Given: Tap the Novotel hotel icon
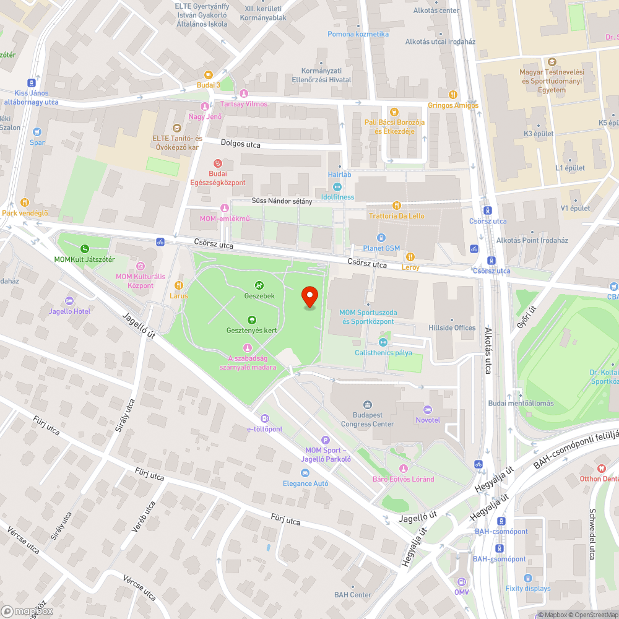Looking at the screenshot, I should point(427,410).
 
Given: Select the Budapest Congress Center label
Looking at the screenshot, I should point(367,420).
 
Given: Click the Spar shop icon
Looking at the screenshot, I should point(37,132).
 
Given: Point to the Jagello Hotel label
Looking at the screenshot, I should point(69,311).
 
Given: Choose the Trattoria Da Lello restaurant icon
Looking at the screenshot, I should point(397,206).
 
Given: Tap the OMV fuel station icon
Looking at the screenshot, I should point(461,582).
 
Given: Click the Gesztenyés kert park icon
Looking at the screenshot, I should point(252,319).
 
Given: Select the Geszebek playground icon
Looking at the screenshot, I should point(259,285).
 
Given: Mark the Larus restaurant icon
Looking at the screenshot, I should point(179,285).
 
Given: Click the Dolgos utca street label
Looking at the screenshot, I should point(241,144).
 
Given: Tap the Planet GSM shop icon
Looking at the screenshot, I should point(381,238).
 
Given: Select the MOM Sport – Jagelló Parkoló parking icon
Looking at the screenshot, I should point(326,439).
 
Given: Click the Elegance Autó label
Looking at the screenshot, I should point(305,483).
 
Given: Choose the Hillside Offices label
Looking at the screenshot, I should point(452,328).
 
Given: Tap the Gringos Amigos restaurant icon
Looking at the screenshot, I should point(453,95).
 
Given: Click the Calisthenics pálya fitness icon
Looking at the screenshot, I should point(383,342).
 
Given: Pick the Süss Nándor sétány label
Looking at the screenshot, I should point(282,201).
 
